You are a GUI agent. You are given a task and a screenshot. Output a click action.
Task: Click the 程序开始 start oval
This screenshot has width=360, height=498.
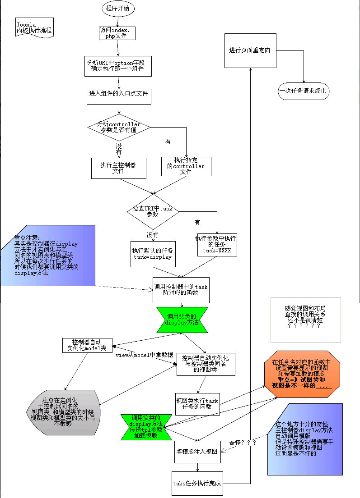118,8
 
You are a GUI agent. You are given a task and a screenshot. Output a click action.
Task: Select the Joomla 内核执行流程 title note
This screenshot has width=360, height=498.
34,28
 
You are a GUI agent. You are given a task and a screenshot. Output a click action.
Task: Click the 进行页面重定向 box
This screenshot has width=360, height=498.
250,50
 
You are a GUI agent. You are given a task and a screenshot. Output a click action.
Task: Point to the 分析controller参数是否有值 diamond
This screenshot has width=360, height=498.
119,127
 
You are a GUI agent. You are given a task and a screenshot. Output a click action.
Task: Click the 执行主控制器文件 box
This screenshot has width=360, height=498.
118,168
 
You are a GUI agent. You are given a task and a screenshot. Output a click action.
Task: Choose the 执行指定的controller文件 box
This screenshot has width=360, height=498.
186,166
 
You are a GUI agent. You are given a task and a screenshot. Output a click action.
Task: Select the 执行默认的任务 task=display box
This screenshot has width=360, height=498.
153,254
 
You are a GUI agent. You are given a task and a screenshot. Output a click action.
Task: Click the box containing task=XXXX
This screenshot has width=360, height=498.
217,245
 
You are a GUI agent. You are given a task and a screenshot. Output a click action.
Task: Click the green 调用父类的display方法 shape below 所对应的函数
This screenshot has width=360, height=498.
182,319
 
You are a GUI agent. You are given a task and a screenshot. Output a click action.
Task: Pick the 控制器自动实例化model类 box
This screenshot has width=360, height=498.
87,345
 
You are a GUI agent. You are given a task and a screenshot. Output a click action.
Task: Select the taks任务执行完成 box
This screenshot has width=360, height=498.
197,483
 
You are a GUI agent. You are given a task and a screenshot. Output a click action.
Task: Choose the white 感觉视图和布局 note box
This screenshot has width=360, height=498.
305,320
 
